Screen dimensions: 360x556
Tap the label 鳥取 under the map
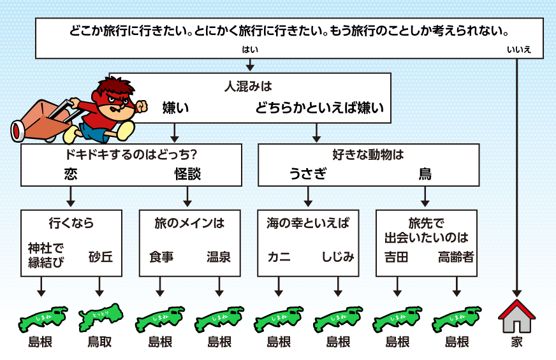pyautogui.click(x=100, y=342)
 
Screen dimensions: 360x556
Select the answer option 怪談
pyautogui.click(x=188, y=174)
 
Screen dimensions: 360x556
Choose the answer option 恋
pyautogui.click(x=71, y=174)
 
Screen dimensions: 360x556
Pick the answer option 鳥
pyautogui.click(x=425, y=174)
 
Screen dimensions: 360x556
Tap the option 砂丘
pyautogui.click(x=101, y=257)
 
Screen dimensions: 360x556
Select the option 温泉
pyautogui.click(x=219, y=257)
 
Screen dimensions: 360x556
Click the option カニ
pyautogui.click(x=279, y=257)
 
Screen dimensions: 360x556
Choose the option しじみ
pyautogui.click(x=338, y=257)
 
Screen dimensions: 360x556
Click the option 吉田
pyautogui.click(x=396, y=257)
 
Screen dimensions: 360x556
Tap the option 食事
pyautogui.click(x=161, y=257)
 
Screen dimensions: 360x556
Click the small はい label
pyautogui.click(x=250, y=50)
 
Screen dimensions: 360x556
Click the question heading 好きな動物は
pyautogui.click(x=369, y=154)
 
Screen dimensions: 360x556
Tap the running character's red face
pyautogui.click(x=116, y=96)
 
